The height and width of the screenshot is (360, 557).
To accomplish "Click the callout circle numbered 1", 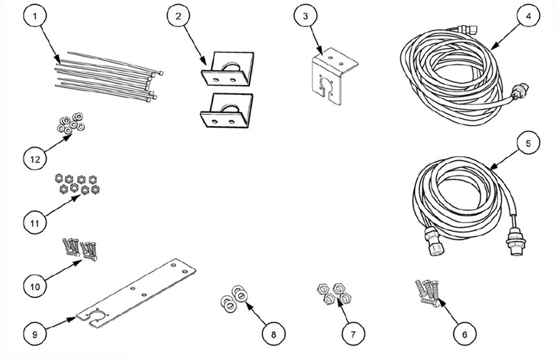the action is [35, 16].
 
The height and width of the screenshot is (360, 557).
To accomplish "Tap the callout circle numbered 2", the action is [178, 16].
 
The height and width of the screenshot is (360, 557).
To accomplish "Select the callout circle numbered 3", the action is [306, 16].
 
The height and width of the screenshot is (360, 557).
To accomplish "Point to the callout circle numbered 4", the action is [528, 16].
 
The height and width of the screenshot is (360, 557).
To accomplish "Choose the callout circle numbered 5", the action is [528, 143].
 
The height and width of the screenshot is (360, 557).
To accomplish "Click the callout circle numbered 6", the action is [464, 334].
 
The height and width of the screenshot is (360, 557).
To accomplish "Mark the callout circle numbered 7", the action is [353, 334].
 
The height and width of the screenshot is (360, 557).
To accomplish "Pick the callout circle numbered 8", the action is [274, 334].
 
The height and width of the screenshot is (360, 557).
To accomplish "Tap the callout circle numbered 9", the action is [35, 334].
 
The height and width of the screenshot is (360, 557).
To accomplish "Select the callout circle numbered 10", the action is [35, 286].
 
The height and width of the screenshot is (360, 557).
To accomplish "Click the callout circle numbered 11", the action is [35, 223].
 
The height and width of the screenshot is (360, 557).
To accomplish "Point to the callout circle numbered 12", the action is [35, 159].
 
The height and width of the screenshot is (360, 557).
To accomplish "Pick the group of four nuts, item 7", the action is [334, 294].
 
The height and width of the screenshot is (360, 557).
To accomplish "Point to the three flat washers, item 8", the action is [234, 297].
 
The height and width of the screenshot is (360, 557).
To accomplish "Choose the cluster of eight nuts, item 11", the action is [77, 184].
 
